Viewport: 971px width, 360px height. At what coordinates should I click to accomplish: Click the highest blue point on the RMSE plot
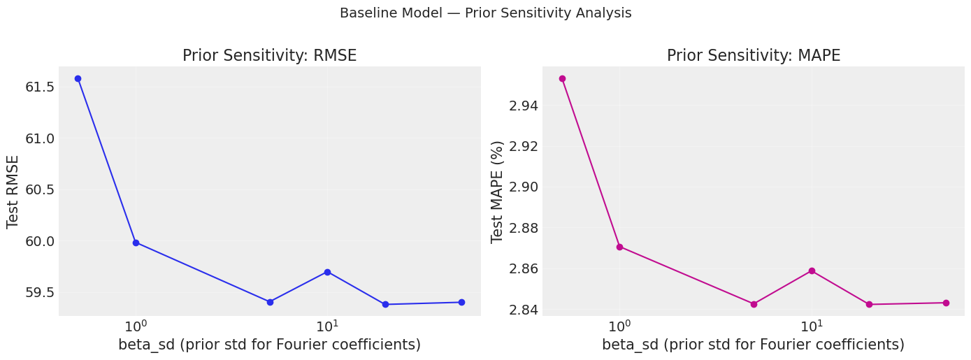click(78, 78)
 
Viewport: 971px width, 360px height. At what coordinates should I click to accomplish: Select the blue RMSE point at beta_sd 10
click(327, 272)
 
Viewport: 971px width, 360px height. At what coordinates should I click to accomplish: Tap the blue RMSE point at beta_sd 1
click(136, 243)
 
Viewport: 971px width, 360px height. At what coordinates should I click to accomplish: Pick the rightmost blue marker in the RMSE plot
click(461, 302)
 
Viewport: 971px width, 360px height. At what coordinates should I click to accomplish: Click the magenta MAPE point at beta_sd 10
click(812, 271)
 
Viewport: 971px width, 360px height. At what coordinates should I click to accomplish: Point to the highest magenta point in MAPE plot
click(562, 78)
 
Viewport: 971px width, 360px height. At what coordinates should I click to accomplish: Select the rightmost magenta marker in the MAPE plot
click(946, 303)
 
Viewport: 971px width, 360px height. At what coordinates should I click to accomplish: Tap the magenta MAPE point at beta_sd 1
click(619, 247)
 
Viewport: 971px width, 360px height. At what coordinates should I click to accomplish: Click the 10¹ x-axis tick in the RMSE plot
click(327, 326)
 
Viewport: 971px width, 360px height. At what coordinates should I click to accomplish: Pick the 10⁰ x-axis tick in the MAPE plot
click(619, 326)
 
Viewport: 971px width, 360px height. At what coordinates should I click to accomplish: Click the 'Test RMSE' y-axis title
click(13, 191)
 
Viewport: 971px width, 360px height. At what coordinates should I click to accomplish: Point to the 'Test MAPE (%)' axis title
click(497, 191)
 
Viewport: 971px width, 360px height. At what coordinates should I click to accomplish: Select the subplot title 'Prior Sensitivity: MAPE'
click(754, 56)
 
